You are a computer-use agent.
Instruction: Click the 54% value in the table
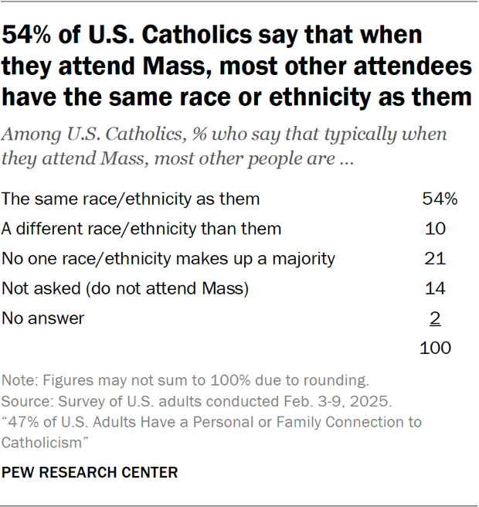[x=440, y=199]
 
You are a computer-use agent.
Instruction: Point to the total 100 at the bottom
[x=435, y=348]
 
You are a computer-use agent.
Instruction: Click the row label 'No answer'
[x=43, y=318]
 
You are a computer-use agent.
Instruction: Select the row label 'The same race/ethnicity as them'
[x=131, y=199]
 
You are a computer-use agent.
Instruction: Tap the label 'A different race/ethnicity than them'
[x=141, y=229]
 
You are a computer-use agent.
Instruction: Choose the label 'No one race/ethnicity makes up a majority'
[x=168, y=258]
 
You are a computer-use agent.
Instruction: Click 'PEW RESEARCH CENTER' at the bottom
[x=90, y=472]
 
